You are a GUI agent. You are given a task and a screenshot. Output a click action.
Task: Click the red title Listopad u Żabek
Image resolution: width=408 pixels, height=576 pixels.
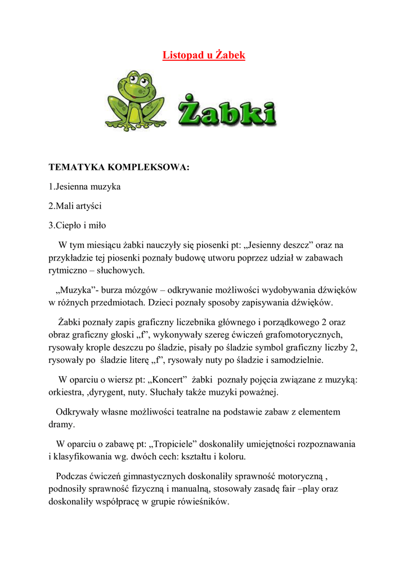pyautogui.click(x=204, y=56)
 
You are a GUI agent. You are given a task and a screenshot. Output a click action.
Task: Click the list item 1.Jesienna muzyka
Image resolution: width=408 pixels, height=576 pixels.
pyautogui.click(x=84, y=186)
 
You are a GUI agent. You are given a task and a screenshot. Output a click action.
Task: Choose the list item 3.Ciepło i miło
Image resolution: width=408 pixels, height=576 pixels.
pyautogui.click(x=77, y=226)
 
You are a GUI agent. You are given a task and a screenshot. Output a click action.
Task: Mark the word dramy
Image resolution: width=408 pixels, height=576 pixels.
pyautogui.click(x=61, y=425)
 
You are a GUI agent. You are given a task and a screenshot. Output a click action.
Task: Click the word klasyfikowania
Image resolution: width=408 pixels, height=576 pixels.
pyautogui.click(x=81, y=456)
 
